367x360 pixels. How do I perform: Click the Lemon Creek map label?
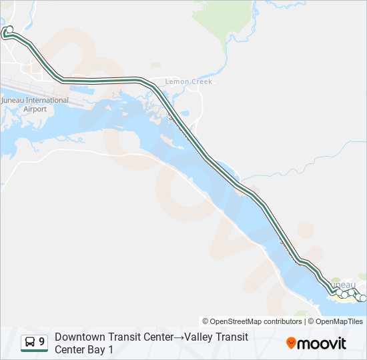(189, 82)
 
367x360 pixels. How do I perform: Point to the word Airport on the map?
(35, 109)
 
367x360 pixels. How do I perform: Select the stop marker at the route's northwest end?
(9, 29)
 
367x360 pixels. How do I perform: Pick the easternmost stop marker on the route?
(363, 298)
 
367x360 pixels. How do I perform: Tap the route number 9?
(42, 342)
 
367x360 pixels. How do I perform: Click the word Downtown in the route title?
(79, 337)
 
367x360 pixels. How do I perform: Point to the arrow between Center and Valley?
(179, 337)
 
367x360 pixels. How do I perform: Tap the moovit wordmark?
(322, 343)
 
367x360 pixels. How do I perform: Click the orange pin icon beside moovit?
(291, 343)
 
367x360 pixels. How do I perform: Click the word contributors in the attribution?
(282, 321)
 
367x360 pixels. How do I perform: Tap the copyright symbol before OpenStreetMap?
(206, 321)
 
